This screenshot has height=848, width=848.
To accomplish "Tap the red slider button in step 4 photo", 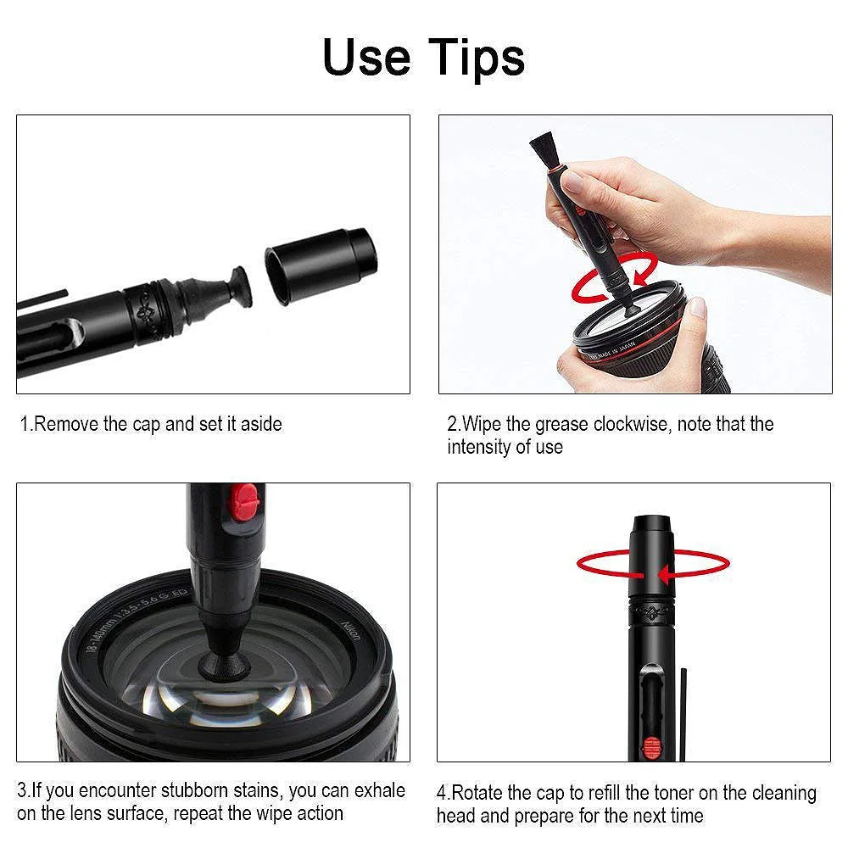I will [x=651, y=747].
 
